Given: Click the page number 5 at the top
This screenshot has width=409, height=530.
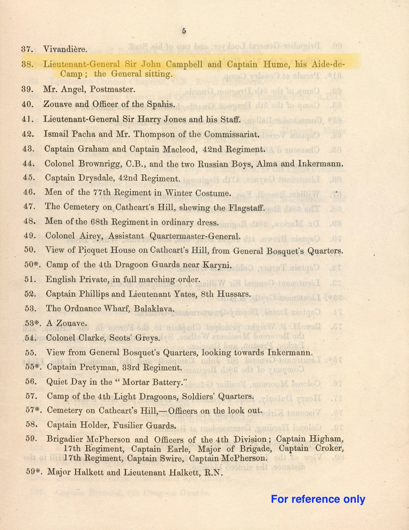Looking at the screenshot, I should click(184, 31).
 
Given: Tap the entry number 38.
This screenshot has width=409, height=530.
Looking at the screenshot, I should click(28, 64).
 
